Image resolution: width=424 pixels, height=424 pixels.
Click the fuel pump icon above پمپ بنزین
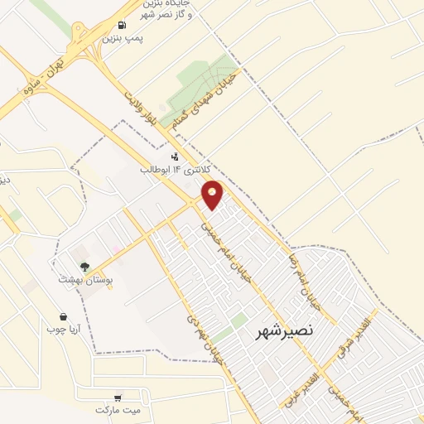coord(123,25)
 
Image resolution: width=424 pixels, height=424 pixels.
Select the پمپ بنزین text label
coord(119,38)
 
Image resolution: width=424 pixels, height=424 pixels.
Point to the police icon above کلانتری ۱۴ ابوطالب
coord(174,156)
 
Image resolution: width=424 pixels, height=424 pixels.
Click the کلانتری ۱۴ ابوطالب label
coord(166,168)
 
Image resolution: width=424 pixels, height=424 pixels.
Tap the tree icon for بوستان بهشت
coord(84,266)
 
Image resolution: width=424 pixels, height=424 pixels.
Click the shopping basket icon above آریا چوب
coord(64,316)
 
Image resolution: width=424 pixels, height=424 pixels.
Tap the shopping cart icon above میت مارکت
coord(118,397)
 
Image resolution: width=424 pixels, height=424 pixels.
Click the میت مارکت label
coord(118,410)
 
